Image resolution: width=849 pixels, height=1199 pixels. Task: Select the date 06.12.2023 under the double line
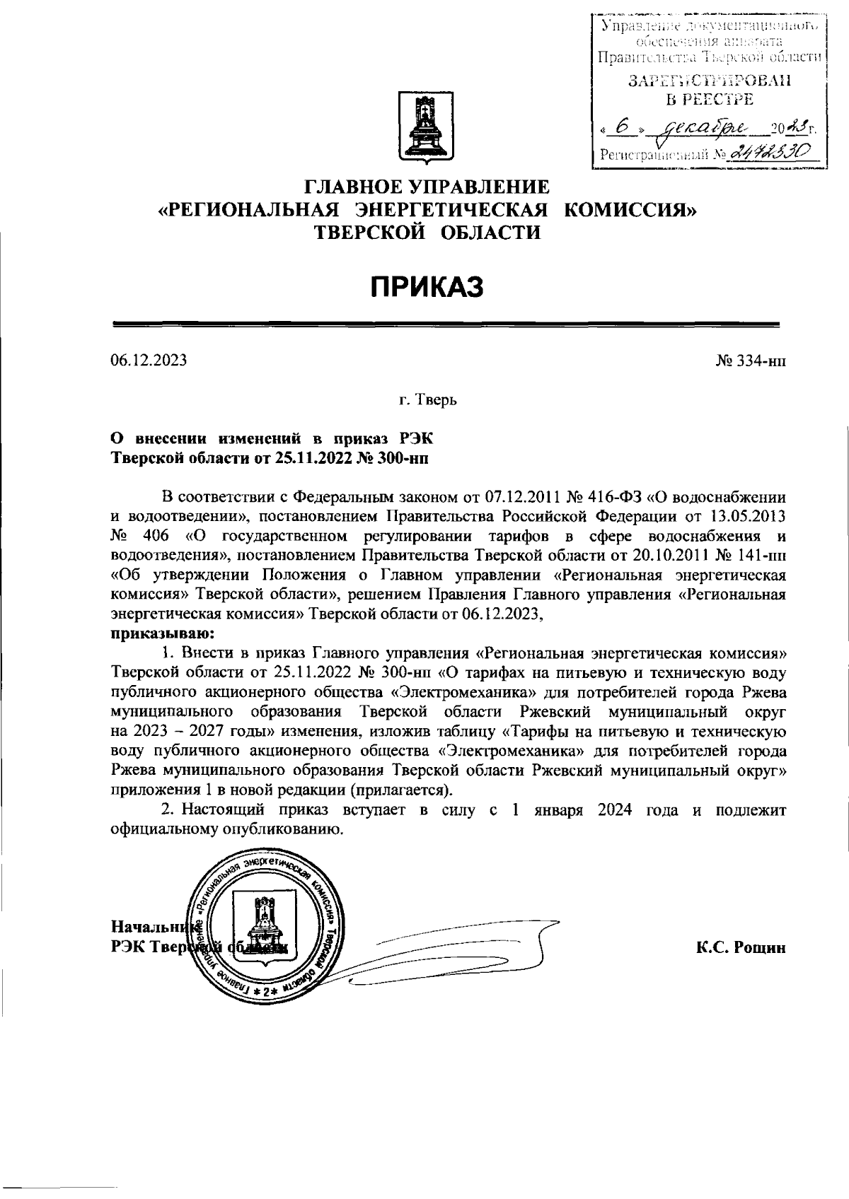(149, 361)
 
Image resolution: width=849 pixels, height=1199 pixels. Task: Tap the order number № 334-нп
(751, 361)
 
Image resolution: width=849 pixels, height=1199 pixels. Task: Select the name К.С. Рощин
(741, 948)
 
